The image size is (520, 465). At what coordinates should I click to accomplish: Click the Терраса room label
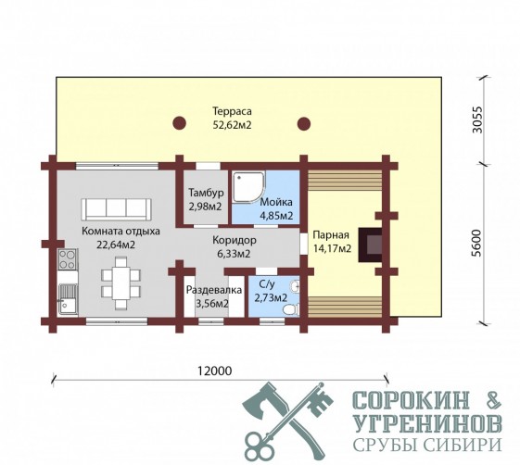[232, 111]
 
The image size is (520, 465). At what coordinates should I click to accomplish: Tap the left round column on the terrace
[180, 123]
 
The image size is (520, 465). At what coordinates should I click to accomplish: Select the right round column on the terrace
[303, 123]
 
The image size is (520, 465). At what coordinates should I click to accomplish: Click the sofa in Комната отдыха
[116, 209]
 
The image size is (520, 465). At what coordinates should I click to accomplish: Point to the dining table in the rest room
[120, 283]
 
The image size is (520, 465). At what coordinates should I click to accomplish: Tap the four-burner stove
[68, 259]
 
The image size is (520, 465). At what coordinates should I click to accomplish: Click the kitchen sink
[68, 299]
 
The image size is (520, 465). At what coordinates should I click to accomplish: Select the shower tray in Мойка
[248, 187]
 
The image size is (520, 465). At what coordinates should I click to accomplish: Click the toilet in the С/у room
[291, 309]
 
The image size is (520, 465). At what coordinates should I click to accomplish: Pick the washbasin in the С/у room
[295, 286]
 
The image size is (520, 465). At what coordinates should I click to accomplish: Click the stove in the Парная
[370, 245]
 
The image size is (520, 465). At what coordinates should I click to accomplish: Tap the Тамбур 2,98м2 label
[205, 199]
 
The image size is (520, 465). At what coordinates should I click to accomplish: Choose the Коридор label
[235, 240]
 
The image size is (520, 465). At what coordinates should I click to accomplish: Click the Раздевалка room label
[214, 290]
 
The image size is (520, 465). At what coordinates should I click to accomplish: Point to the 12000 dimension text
[214, 371]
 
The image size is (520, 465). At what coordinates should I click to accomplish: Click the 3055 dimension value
[477, 119]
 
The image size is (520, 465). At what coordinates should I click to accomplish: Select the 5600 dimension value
[476, 243]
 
